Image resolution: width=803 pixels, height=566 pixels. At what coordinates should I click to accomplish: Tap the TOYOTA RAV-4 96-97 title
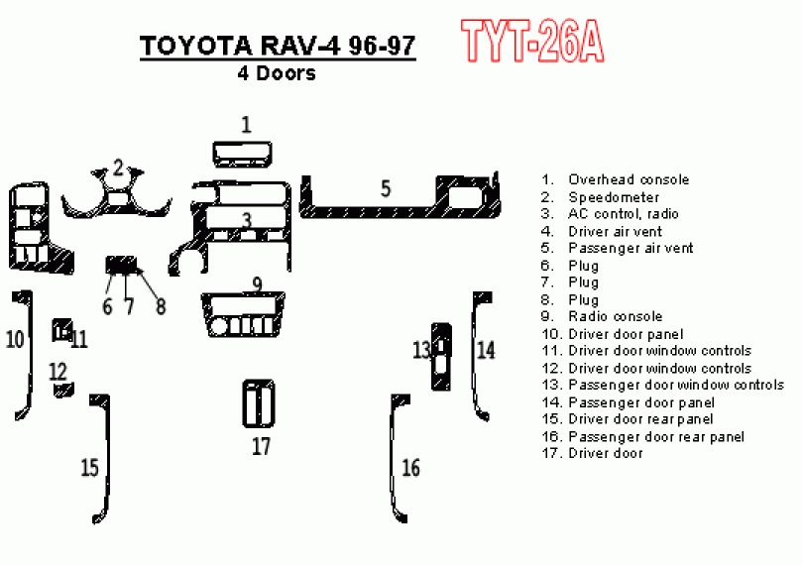coord(277,47)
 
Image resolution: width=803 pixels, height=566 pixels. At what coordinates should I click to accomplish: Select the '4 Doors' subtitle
coord(277,72)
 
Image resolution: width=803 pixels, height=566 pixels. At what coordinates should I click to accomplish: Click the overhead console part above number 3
coord(242,155)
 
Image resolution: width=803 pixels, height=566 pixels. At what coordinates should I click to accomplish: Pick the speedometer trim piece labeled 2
coord(118,199)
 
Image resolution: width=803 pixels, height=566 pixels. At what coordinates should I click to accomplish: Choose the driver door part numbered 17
coord(258,403)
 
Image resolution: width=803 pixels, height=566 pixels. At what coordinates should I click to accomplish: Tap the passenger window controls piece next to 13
coord(439,355)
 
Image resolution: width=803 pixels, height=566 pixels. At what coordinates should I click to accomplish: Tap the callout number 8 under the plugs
coord(160,306)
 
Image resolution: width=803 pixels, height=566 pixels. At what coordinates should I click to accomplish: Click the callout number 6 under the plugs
coord(107,306)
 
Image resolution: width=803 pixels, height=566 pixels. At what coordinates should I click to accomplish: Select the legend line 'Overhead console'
coord(629,179)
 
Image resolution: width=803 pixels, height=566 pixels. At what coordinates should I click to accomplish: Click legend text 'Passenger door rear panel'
coord(656,436)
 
